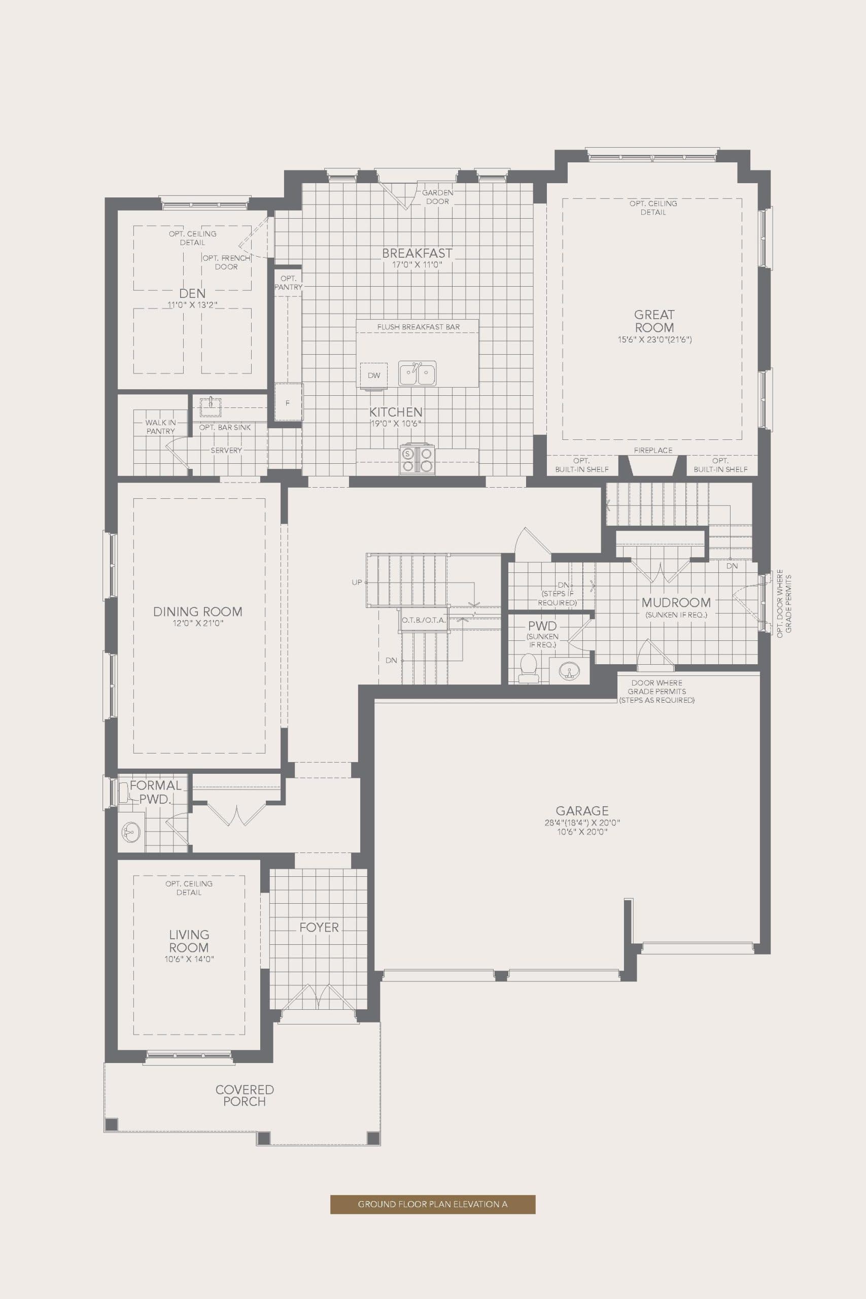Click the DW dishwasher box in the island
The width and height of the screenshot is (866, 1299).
(374, 375)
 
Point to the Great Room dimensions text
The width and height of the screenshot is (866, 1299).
(654, 339)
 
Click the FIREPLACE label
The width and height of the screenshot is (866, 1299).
(653, 450)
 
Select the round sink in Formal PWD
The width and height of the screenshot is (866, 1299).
(131, 832)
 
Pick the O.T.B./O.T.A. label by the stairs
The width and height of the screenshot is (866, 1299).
(424, 620)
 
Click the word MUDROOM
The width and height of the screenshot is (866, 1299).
(676, 602)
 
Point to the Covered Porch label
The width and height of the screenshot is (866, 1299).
(244, 1095)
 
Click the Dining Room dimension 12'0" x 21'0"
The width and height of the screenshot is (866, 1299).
(198, 623)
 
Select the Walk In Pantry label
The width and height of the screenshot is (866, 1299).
(160, 426)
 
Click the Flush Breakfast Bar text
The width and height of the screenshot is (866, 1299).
(418, 327)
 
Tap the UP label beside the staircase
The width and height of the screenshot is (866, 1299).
(357, 582)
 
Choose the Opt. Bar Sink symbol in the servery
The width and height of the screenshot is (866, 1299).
(211, 406)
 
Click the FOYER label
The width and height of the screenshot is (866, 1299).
(319, 927)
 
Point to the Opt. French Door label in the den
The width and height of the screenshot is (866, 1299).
(226, 262)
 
